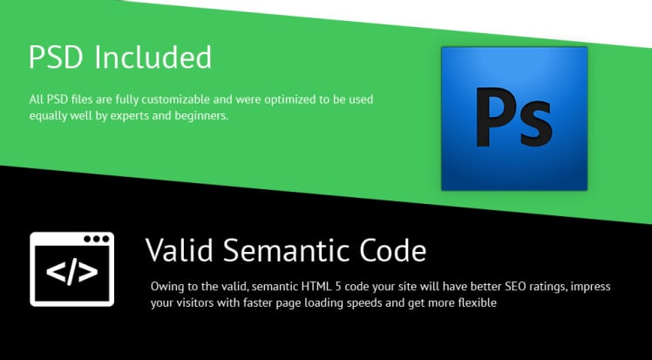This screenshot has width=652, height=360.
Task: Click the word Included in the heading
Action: (153, 57)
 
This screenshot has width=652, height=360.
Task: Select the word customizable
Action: (175, 99)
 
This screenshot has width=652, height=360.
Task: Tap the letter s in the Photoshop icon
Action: (536, 124)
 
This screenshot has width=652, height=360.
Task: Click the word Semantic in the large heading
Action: (286, 250)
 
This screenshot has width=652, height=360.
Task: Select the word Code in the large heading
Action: (393, 250)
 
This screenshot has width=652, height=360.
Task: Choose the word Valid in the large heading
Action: (180, 250)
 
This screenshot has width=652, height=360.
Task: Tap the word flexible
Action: (478, 302)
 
